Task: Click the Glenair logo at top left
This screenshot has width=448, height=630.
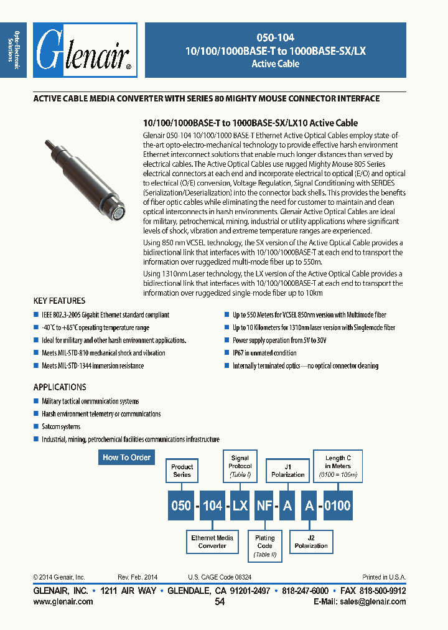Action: pyautogui.click(x=85, y=50)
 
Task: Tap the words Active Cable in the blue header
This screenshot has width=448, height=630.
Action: pyautogui.click(x=275, y=64)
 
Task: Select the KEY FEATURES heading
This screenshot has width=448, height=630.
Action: pyautogui.click(x=59, y=301)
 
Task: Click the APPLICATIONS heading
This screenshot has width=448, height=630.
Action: pyautogui.click(x=60, y=387)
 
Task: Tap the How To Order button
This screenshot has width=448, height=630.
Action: pyautogui.click(x=126, y=458)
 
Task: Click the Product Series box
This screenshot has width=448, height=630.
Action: pyautogui.click(x=182, y=471)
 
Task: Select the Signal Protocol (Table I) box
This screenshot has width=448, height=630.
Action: pyautogui.click(x=240, y=466)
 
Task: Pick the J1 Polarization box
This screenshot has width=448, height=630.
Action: pyautogui.click(x=287, y=471)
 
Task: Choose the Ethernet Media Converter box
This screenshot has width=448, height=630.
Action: pyautogui.click(x=212, y=542)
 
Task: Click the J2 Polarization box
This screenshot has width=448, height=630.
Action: pyautogui.click(x=311, y=542)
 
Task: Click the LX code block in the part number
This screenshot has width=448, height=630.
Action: pyautogui.click(x=240, y=505)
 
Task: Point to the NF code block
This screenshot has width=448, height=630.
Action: pyautogui.click(x=264, y=505)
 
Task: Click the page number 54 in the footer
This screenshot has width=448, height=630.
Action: pyautogui.click(x=219, y=602)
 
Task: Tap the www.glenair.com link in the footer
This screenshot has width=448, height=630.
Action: pyautogui.click(x=63, y=602)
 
